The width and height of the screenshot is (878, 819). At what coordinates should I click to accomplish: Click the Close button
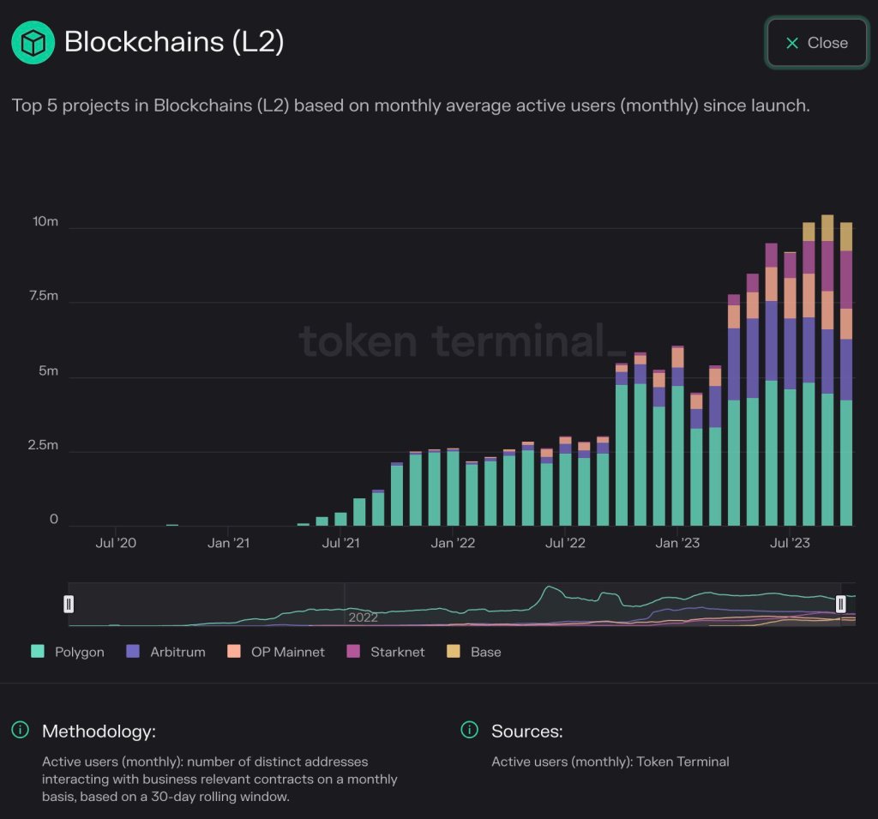[815, 43]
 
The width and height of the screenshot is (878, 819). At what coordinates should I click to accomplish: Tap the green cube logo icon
[33, 42]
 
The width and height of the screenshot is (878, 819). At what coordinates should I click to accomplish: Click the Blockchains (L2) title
[174, 42]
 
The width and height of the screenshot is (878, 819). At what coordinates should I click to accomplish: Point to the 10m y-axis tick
[45, 221]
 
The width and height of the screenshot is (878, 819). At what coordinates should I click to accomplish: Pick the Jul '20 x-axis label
[116, 543]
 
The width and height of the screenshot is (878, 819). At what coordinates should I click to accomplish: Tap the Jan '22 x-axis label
[453, 543]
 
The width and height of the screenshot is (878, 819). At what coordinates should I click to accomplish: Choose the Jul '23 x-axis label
[790, 543]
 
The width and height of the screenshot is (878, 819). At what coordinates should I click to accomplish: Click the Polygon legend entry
[69, 652]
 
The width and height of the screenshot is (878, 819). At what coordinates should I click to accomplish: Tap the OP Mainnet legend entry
[276, 652]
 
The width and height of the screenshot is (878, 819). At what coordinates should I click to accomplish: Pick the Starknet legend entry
[386, 652]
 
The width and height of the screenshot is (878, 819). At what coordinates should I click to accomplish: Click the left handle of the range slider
[69, 604]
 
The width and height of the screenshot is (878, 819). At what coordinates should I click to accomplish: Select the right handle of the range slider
[840, 604]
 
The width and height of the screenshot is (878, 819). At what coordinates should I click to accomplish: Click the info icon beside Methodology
[20, 731]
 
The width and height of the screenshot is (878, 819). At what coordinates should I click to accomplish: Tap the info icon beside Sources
[469, 731]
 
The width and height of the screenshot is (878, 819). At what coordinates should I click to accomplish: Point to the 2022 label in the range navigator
[363, 617]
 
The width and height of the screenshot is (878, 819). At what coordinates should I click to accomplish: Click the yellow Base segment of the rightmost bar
[845, 237]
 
